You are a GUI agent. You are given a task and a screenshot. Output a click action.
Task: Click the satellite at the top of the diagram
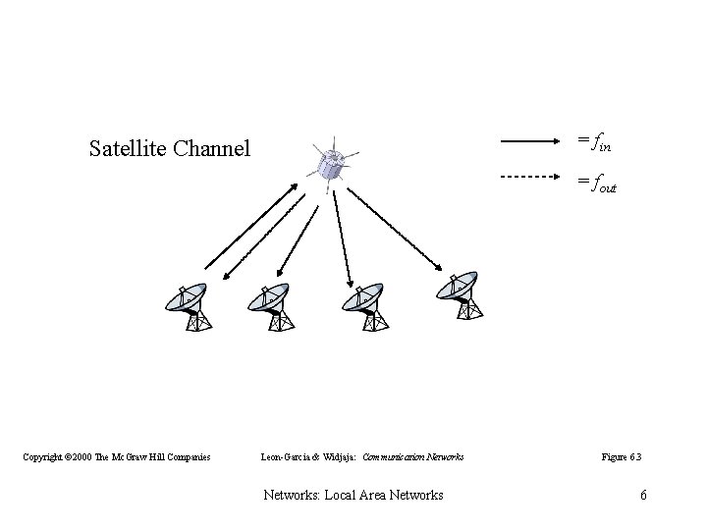point(331,164)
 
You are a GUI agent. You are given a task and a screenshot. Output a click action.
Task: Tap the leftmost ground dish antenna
point(190,307)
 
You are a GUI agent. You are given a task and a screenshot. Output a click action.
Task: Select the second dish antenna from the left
point(271,307)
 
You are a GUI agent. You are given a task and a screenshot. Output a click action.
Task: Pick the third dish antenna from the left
point(362,307)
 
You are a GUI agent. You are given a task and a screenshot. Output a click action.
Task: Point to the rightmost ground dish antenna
point(461,293)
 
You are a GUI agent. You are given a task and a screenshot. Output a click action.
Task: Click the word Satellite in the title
point(128,149)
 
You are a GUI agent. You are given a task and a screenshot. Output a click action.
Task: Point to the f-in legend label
point(596,143)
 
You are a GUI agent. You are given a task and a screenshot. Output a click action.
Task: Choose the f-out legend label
point(598,182)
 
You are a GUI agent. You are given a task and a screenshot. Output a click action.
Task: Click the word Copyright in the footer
point(46,456)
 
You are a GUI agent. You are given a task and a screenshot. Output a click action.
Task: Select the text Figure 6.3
point(622,456)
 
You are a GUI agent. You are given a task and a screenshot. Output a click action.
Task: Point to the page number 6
point(643,495)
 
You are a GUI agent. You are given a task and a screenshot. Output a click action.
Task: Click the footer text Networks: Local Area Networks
point(353,495)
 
